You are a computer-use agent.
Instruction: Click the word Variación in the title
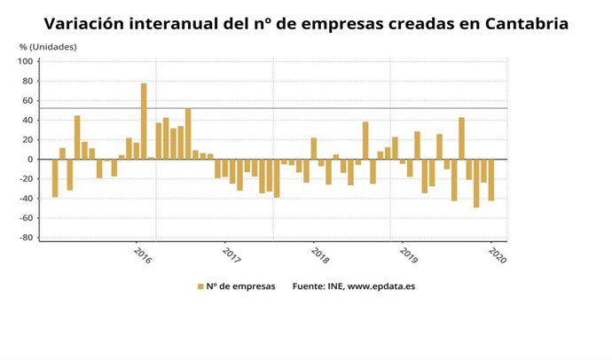point(86,23)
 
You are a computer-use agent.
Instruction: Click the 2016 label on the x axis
point(142,254)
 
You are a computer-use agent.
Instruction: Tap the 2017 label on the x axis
point(231,254)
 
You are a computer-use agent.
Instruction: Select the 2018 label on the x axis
point(319,254)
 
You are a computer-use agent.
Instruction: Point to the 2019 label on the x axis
point(408,254)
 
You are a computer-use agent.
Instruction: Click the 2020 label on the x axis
point(497,254)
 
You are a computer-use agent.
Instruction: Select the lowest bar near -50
point(476,183)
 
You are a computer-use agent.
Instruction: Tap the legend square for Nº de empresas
point(200,286)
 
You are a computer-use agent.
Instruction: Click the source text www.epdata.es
point(384,286)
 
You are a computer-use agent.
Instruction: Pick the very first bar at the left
point(55,177)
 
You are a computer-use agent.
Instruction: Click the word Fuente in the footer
point(310,286)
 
